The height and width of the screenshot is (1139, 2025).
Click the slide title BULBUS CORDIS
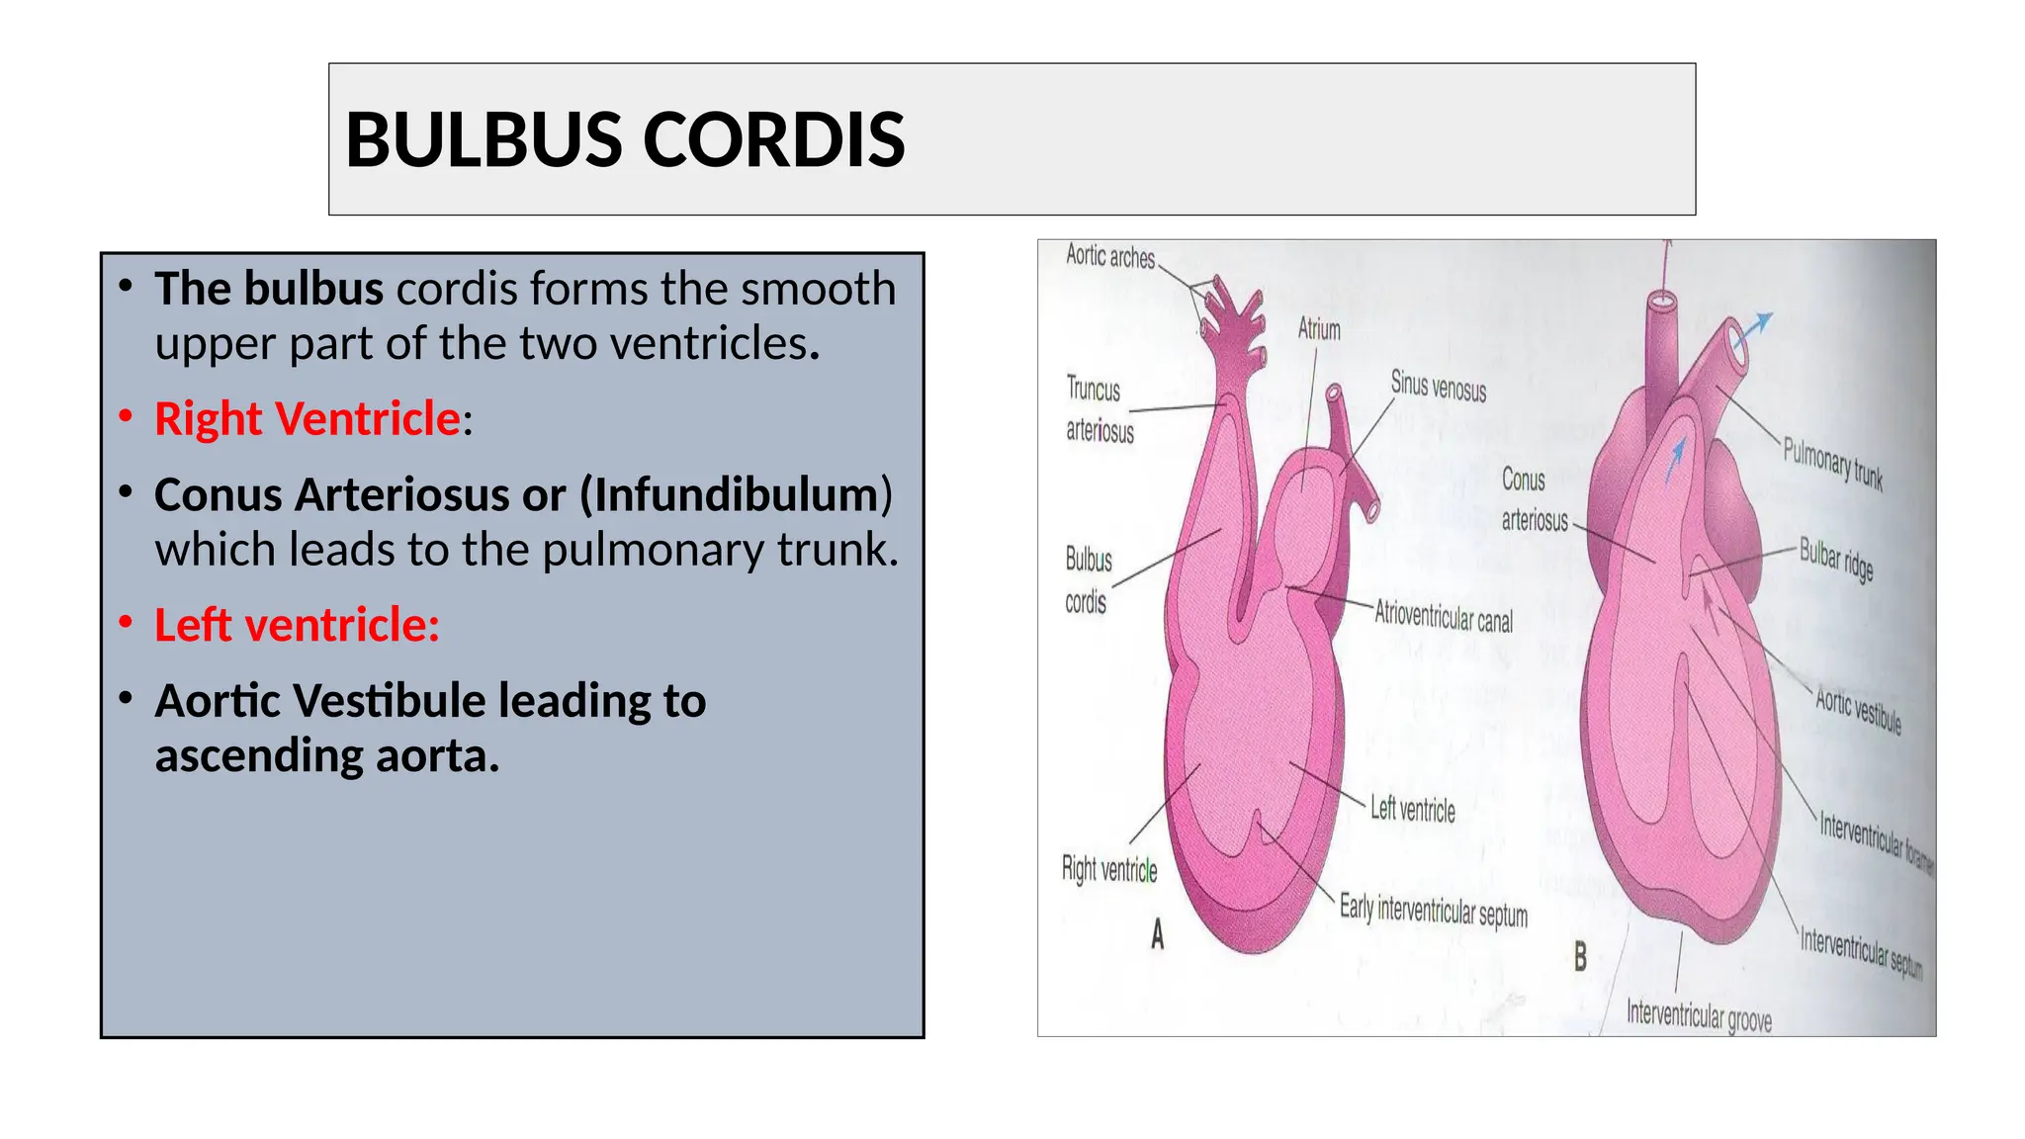click(x=625, y=139)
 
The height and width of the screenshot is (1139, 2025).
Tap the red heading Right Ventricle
click(x=308, y=419)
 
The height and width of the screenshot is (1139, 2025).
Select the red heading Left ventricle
click(x=297, y=625)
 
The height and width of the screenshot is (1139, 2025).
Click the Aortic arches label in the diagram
click(x=1109, y=257)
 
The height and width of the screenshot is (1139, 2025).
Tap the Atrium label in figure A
click(x=1319, y=329)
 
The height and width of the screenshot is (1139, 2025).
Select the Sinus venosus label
click(x=1438, y=386)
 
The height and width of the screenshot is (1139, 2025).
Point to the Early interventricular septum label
click(x=1433, y=911)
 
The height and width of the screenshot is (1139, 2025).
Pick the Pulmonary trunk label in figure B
click(x=1832, y=464)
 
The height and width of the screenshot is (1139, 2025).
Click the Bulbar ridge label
click(x=1836, y=560)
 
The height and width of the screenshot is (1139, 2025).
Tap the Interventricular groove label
click(x=1699, y=1015)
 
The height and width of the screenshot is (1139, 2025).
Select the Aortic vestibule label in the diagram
click(x=1858, y=711)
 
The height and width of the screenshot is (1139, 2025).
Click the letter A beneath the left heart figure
click(x=1157, y=934)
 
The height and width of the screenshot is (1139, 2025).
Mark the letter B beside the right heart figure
click(x=1580, y=956)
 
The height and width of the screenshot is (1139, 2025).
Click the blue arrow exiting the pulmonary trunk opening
click(x=1753, y=327)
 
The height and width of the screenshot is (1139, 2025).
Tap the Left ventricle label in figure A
click(x=1412, y=810)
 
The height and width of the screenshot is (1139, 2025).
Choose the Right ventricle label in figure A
click(x=1109, y=869)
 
